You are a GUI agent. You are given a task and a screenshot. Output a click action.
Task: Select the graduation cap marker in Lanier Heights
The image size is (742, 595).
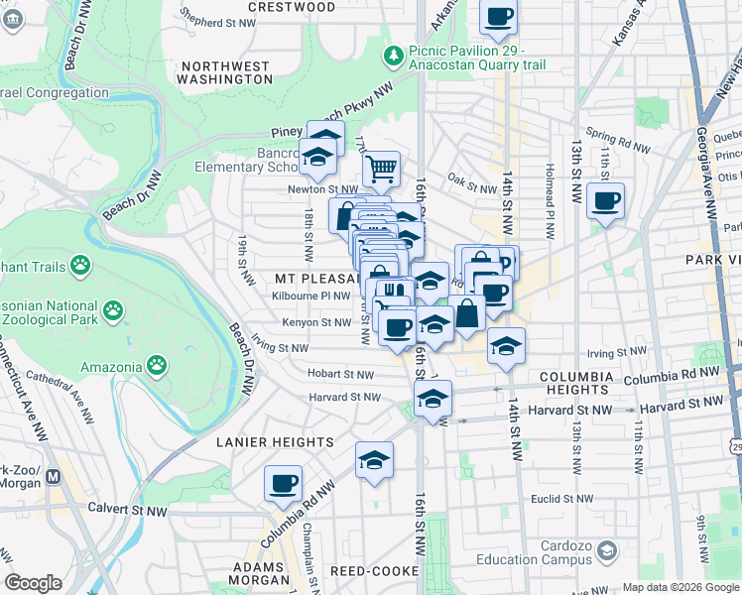pyautogui.click(x=374, y=460)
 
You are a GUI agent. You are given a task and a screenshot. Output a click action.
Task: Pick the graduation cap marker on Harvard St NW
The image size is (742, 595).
pyautogui.click(x=433, y=399)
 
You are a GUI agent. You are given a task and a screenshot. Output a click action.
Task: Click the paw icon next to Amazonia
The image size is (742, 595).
pyautogui.click(x=157, y=366)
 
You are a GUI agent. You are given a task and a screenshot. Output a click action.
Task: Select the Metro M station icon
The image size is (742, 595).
pyautogui.click(x=54, y=476)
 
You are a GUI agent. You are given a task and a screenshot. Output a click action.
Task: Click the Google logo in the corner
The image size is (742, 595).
pyautogui.click(x=33, y=583)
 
